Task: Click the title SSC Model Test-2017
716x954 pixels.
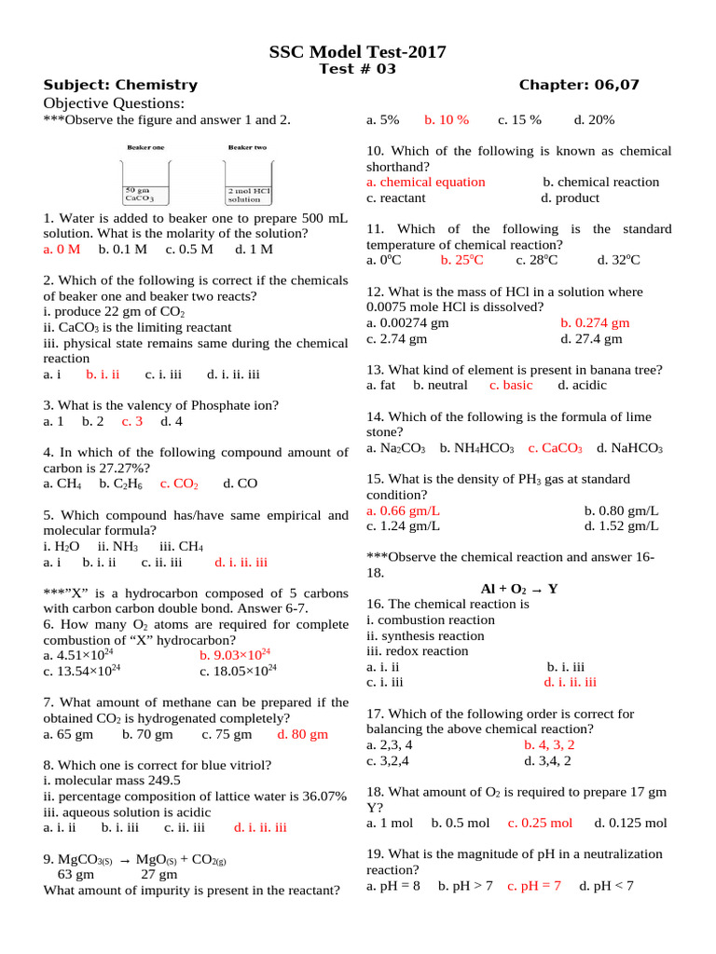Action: tap(358, 52)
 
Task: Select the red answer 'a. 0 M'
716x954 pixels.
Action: tap(62, 250)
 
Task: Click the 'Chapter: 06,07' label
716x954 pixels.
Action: tap(579, 86)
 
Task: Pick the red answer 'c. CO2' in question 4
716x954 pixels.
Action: tap(179, 484)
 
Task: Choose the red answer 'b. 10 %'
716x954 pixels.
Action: tap(447, 120)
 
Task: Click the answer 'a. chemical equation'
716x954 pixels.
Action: tap(426, 183)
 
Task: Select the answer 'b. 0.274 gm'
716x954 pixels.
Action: tap(595, 323)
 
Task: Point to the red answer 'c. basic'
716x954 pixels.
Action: tap(511, 385)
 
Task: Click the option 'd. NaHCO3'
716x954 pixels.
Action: tap(629, 449)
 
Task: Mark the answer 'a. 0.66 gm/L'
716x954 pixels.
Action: tap(404, 511)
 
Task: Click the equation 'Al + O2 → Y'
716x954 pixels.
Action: tap(519, 589)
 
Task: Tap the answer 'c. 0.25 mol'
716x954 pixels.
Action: tap(540, 824)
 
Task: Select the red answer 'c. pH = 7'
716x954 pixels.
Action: tap(534, 886)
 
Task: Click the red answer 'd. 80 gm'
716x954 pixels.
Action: tap(303, 734)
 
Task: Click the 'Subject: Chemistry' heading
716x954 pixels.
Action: tap(120, 86)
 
